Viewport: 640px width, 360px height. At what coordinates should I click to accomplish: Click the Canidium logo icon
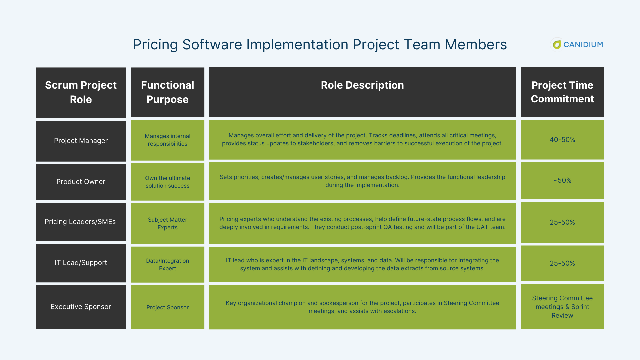[x=557, y=44]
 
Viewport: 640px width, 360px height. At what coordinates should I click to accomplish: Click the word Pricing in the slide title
[x=155, y=45]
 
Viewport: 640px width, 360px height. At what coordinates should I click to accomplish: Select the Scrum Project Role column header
[x=81, y=92]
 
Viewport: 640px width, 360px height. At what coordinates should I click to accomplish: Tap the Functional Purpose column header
[x=167, y=92]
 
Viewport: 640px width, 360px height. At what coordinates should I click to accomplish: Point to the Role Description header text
[x=362, y=85]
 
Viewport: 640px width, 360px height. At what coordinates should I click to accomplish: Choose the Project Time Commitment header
[x=562, y=92]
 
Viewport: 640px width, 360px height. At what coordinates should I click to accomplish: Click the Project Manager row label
[x=81, y=141]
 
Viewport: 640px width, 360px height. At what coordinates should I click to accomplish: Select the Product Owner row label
[x=81, y=182]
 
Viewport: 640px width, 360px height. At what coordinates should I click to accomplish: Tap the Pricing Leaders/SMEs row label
[x=80, y=222]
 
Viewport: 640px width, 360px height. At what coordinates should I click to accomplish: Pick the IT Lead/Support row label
[x=81, y=263]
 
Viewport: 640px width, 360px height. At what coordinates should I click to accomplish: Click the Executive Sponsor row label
[x=81, y=307]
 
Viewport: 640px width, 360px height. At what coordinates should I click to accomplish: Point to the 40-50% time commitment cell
[x=562, y=140]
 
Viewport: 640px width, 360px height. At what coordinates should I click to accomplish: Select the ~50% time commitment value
[x=562, y=180]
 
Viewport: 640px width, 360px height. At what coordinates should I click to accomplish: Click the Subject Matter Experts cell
[x=167, y=224]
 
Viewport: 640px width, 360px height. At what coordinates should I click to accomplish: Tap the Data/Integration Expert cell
[x=167, y=265]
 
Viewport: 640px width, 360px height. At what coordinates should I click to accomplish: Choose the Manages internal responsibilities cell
[x=167, y=140]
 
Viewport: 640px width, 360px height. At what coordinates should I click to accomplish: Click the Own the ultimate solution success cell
[x=167, y=182]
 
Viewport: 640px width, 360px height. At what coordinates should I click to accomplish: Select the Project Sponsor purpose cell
[x=167, y=307]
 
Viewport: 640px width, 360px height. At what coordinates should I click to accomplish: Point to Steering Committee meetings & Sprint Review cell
[x=562, y=307]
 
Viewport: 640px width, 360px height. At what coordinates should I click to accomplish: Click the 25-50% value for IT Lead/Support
[x=562, y=263]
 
